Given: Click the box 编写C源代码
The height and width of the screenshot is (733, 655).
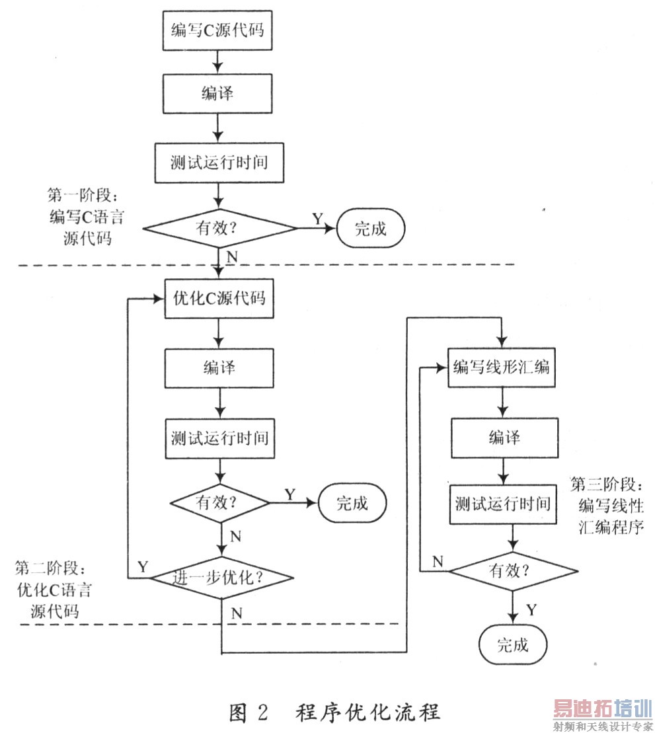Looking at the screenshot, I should coord(217,30).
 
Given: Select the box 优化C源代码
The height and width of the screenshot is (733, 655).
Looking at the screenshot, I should coord(217,299).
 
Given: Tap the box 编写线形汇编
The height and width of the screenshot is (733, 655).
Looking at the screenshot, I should coord(501,367).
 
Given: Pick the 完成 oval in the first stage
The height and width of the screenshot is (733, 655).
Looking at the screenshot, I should coord(370,229).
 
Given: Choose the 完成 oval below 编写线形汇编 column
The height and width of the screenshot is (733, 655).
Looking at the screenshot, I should coord(512,644).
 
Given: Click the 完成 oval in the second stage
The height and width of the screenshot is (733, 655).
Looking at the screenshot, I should coord(352,503).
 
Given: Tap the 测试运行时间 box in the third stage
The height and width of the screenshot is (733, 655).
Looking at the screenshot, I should coord(502,504).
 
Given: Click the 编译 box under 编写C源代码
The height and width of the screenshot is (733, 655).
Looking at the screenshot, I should coord(217,94).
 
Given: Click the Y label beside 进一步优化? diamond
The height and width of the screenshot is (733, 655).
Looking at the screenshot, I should coord(142,566).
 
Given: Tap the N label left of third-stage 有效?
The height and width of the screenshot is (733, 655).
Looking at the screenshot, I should coord(438,562).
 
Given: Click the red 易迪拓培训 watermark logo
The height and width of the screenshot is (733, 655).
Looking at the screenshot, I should coord(601,709).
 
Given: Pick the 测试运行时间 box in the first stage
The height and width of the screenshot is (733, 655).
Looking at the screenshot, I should coord(219,162).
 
